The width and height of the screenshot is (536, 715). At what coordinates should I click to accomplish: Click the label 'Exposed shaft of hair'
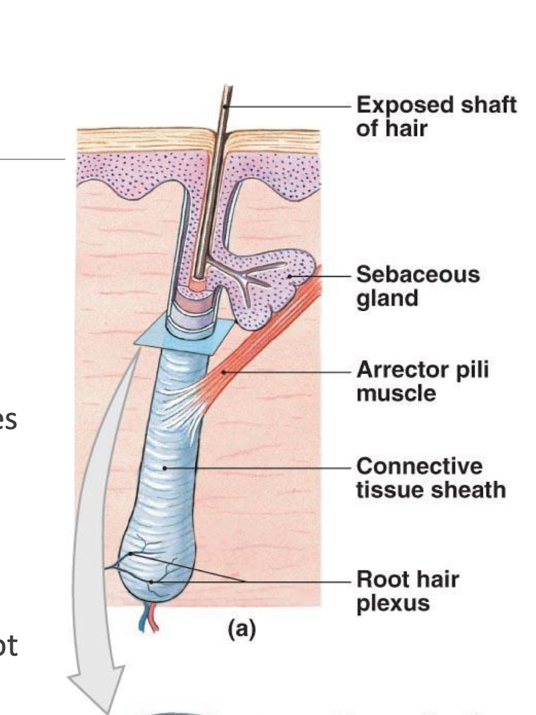[x=436, y=116]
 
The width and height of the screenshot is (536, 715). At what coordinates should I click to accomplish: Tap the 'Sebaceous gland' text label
[x=417, y=286]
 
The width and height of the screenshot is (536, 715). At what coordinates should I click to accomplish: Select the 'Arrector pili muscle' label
[x=422, y=381]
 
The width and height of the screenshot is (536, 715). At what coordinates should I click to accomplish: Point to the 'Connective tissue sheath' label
[x=430, y=477]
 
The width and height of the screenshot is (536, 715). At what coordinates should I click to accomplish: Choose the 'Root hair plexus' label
[x=407, y=591]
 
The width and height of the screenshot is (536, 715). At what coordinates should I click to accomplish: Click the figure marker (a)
[x=241, y=630]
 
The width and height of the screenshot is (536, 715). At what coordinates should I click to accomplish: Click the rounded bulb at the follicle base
[x=154, y=569]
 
